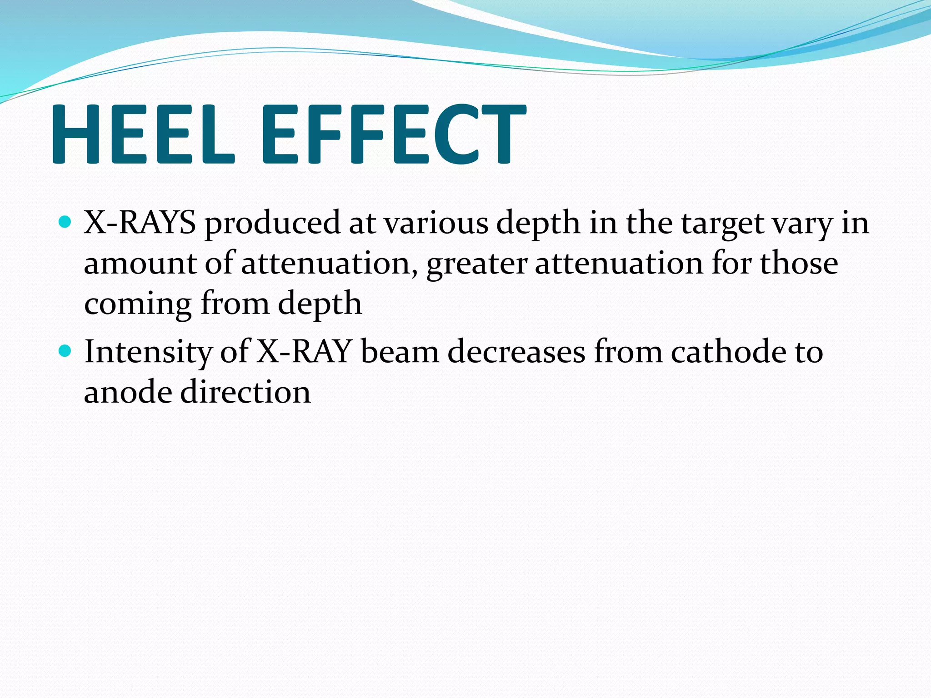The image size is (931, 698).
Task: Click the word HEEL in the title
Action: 144,134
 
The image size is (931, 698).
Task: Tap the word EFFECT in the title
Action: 393,134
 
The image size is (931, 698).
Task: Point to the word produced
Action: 272,224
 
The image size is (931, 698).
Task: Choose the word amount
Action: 140,264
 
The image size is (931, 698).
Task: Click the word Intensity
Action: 148,352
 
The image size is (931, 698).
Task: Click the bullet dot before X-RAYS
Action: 65,222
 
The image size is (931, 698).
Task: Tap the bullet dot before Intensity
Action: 65,351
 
